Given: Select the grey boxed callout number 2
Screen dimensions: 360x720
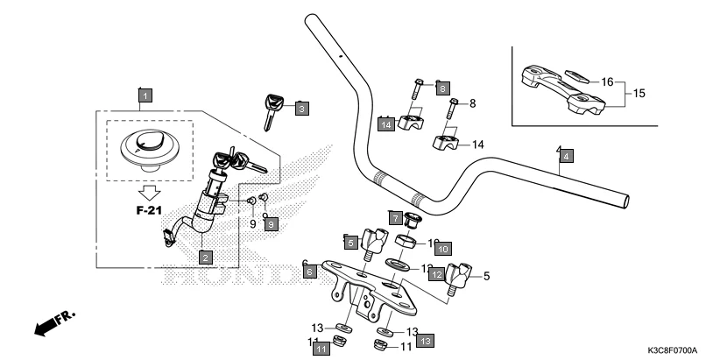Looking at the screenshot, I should [x=204, y=257].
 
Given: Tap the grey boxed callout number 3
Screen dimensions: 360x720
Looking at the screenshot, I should [x=300, y=109].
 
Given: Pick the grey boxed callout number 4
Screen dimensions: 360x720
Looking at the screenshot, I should [x=567, y=156].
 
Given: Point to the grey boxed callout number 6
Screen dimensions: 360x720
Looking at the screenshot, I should [x=309, y=272].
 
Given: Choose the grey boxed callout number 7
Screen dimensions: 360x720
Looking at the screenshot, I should [x=395, y=217].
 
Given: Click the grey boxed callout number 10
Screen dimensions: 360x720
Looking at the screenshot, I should [x=442, y=249].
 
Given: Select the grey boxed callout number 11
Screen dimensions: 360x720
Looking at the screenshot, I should [x=321, y=349].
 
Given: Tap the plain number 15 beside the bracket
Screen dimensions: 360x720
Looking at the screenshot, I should [x=639, y=92].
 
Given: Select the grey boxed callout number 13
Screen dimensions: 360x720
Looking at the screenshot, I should [x=425, y=339].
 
